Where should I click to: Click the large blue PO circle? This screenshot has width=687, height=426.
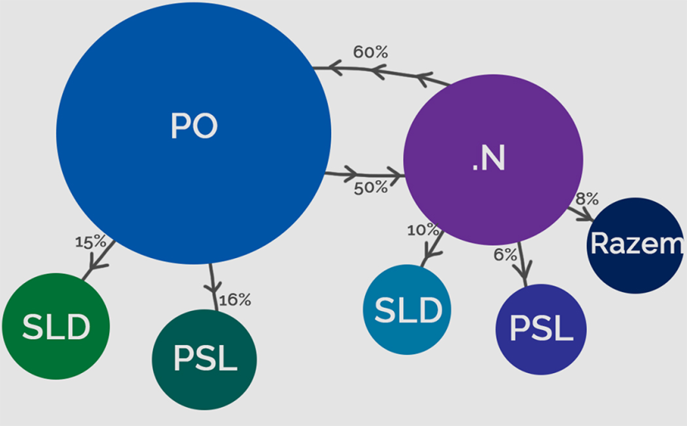point(194,132)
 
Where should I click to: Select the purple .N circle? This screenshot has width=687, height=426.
point(493,160)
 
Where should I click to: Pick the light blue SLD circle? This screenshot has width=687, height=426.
point(407,309)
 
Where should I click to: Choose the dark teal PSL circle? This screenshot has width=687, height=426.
point(204,360)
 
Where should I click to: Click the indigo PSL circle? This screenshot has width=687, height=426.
point(540,329)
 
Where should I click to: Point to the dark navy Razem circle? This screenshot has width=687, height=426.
point(636,245)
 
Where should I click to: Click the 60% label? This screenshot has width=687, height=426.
point(370,52)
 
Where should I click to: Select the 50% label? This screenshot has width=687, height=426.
point(371,188)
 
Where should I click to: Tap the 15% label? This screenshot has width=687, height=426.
point(90,242)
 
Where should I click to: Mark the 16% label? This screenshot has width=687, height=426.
point(235,299)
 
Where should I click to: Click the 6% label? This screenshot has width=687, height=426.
point(505,254)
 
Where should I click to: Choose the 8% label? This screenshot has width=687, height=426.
point(587,199)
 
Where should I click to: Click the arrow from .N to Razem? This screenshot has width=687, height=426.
point(581,211)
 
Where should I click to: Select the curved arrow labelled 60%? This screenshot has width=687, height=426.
point(381,72)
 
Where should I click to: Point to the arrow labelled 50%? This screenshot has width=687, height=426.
point(364,175)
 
